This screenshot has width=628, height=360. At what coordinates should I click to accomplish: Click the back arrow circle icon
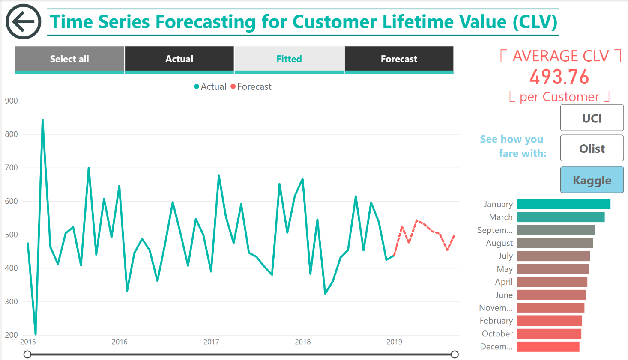pos(24,22)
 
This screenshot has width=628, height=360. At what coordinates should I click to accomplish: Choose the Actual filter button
pos(179,59)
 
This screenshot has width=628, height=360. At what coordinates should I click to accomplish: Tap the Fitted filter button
pos(289,59)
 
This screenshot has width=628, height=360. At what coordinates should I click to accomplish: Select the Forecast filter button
pos(399,59)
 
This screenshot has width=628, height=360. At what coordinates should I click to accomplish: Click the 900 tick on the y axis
pos(12,101)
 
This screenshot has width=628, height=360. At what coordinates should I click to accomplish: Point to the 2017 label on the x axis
pos(211,342)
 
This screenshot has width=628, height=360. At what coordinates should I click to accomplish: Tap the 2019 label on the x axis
pos(394,342)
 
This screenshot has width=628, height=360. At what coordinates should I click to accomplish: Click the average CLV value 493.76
pos(559,77)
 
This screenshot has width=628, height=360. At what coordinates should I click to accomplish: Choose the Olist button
pos(592,149)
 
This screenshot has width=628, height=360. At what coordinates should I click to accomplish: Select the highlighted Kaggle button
pos(592,180)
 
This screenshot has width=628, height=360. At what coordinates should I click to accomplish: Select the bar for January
pos(563,204)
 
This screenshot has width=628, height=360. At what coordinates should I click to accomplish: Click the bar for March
pos(561,217)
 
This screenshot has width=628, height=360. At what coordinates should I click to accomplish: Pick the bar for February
pos(550,321)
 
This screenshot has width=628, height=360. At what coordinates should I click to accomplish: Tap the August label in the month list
pos(499,243)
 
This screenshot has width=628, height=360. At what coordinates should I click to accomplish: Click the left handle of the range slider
pos(27,354)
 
